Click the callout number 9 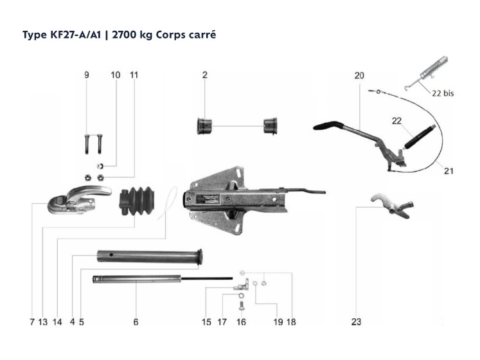[x=87, y=75]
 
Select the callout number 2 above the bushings [x=204, y=75]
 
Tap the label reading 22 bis [x=443, y=93]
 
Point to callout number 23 [x=357, y=322]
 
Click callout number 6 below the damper [x=136, y=322]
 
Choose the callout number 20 [x=359, y=75]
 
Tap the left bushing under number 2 [x=205, y=125]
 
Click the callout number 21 [x=448, y=170]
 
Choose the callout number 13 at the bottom [x=42, y=322]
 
